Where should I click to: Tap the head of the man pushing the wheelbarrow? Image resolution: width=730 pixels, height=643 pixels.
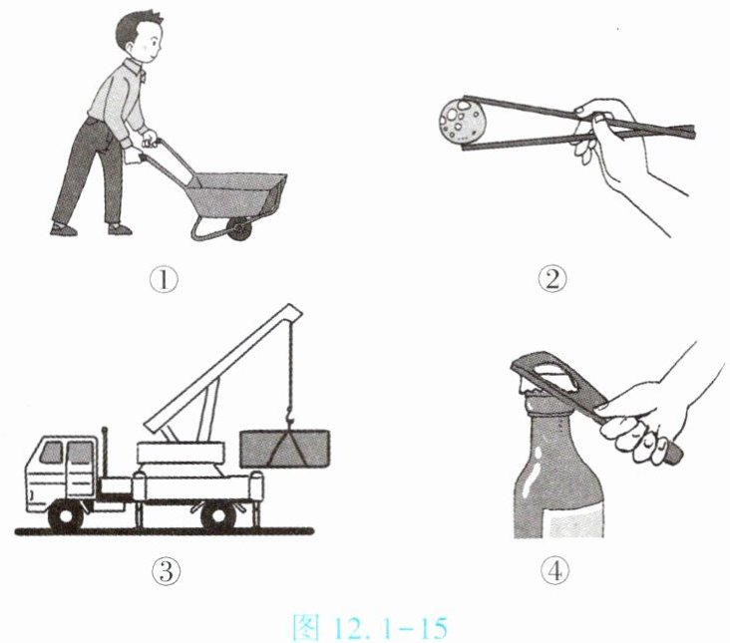(139, 36)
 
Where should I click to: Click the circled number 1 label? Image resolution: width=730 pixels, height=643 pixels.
(164, 280)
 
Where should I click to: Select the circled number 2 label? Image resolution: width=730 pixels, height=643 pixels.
(552, 280)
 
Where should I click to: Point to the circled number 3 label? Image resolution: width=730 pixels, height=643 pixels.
(166, 571)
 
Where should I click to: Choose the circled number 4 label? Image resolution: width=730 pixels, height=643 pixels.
(554, 571)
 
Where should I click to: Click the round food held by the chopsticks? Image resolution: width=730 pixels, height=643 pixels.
(462, 119)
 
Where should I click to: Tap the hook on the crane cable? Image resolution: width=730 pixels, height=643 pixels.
(289, 415)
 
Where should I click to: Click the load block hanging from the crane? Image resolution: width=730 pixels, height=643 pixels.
(285, 449)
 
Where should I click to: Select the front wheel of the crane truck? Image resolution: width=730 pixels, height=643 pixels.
(66, 515)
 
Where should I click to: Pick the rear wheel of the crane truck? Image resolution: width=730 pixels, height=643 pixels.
(217, 515)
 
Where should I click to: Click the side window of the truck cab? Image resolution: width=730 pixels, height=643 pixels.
(80, 453)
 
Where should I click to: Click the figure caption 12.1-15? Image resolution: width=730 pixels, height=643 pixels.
(370, 627)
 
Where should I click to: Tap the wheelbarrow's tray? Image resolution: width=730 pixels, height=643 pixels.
(237, 194)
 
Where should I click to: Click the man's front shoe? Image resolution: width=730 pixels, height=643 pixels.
(120, 229)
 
